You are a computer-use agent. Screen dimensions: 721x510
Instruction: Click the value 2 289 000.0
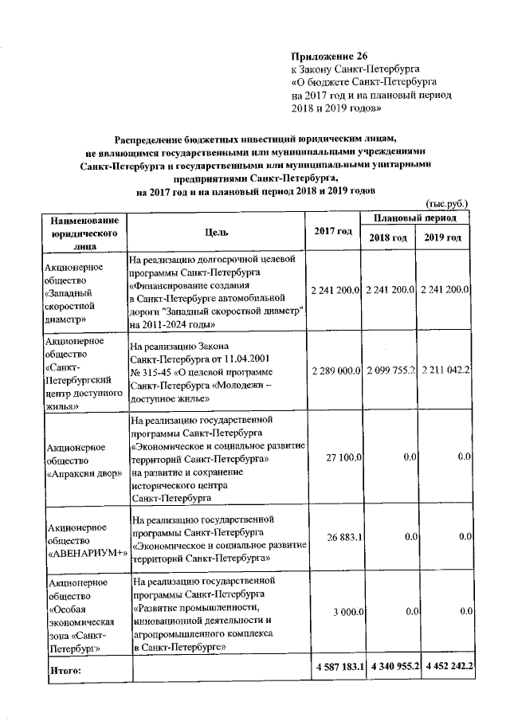[337, 371]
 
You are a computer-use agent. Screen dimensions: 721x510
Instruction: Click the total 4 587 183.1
[337, 666]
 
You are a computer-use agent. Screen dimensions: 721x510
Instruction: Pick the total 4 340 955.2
[392, 666]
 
